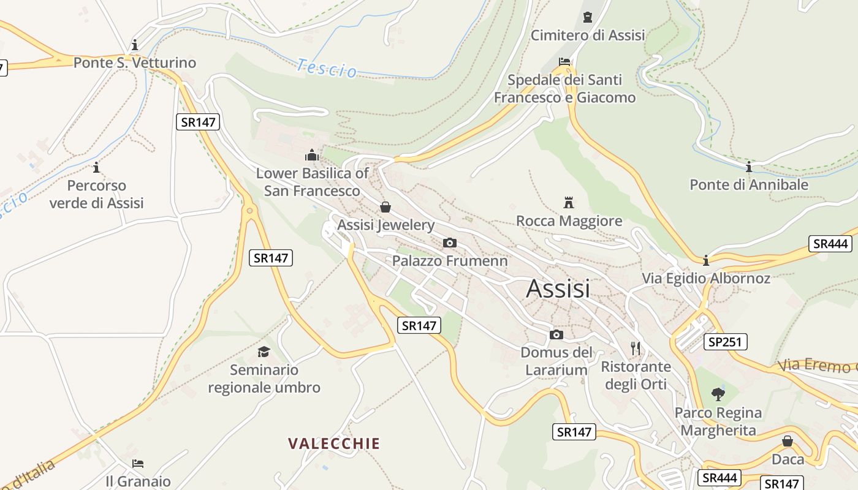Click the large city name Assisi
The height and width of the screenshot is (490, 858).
click(x=558, y=288)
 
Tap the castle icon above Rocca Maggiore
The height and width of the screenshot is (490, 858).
click(x=569, y=202)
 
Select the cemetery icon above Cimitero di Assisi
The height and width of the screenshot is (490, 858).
click(x=588, y=17)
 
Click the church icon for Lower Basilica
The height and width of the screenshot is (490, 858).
click(x=312, y=155)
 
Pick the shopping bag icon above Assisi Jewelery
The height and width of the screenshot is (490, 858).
click(x=385, y=207)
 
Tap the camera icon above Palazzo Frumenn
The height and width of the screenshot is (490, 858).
click(x=449, y=243)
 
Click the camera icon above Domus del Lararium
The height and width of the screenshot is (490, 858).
click(x=556, y=334)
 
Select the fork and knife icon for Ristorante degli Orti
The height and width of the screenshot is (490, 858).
click(x=636, y=349)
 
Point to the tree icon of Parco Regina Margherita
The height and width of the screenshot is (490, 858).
click(x=718, y=394)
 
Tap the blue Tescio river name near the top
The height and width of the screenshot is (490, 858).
click(x=327, y=68)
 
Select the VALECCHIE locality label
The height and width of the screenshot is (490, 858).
click(x=334, y=443)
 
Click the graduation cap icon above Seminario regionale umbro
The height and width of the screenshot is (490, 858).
click(x=264, y=352)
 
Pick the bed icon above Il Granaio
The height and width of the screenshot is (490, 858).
click(x=138, y=464)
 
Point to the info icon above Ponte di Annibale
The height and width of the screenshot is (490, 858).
click(x=748, y=167)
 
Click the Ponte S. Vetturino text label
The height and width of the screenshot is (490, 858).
click(x=135, y=62)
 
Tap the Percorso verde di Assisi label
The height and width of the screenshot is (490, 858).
click(x=96, y=194)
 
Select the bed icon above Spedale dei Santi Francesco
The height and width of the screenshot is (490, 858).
click(x=564, y=61)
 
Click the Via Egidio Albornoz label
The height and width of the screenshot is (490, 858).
click(x=706, y=278)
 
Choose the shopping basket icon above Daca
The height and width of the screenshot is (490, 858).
click(x=788, y=441)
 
